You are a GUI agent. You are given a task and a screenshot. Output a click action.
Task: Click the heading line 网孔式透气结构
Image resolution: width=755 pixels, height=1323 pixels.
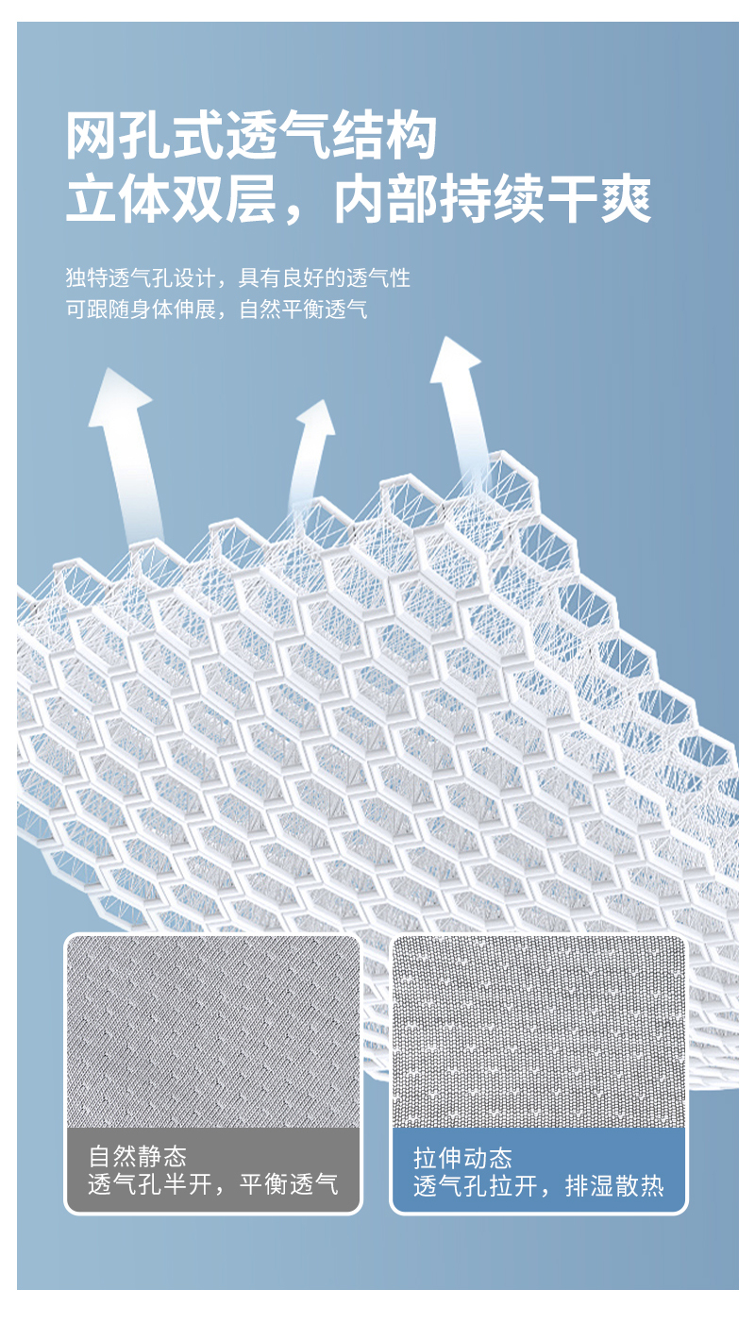pos(252,137)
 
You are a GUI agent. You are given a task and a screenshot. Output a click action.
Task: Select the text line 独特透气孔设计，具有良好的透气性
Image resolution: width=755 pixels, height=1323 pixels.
pos(238,278)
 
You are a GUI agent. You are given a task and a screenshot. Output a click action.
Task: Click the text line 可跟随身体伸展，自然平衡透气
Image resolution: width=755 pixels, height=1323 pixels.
pos(217,310)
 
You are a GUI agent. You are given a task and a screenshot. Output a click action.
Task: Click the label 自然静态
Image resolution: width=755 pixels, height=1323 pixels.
pos(138,1157)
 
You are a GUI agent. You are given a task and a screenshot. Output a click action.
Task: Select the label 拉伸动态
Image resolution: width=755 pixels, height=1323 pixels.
pos(462,1159)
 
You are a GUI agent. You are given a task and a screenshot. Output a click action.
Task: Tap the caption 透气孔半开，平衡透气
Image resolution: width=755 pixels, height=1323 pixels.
pos(213,1185)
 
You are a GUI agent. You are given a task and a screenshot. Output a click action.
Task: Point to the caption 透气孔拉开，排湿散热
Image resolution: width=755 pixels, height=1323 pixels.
pos(538,1187)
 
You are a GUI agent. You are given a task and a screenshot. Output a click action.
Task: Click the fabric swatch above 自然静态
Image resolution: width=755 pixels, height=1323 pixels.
pos(212,1031)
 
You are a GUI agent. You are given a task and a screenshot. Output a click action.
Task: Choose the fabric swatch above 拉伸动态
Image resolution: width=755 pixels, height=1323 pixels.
pos(538,1031)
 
